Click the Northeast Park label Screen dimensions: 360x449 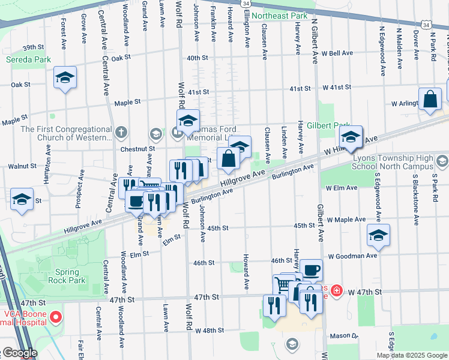point(280,16)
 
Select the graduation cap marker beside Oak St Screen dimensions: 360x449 point(65,78)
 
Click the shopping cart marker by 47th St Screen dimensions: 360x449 point(284,284)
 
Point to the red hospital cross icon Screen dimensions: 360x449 point(337,291)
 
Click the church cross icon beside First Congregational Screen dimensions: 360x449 point(121,131)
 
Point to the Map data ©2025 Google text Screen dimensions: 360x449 point(411,355)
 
